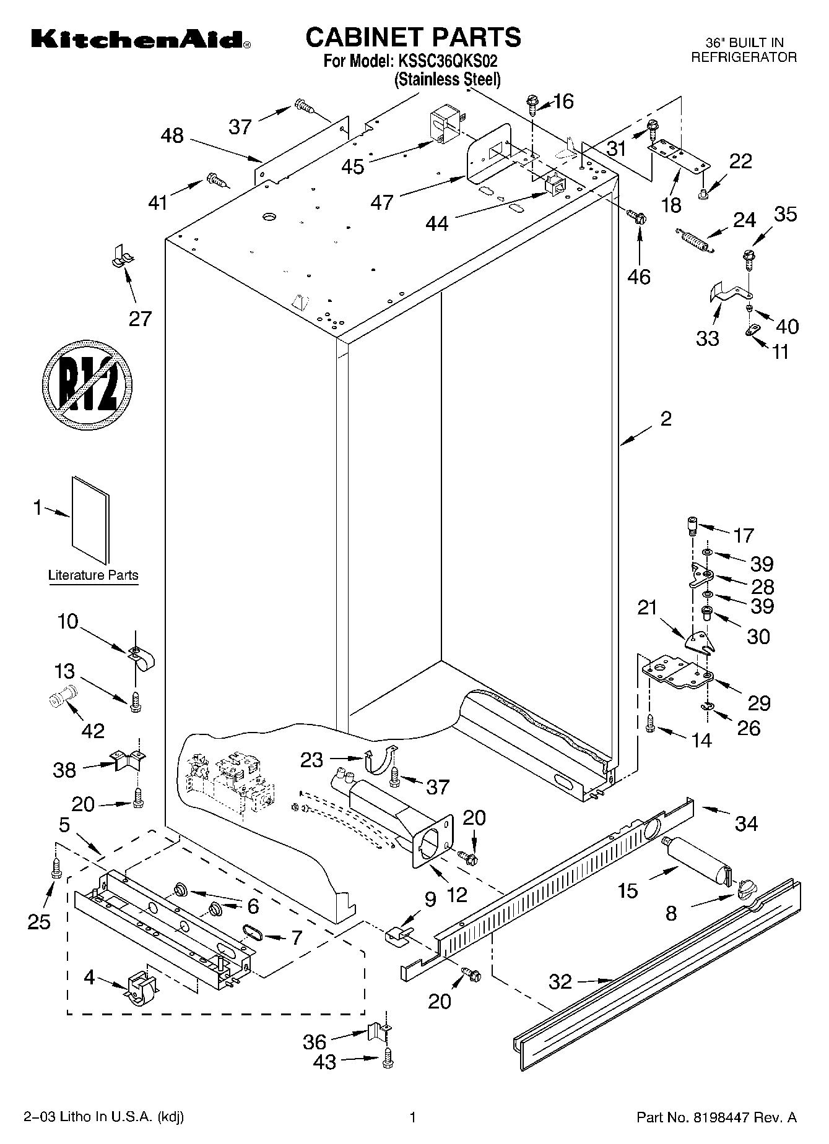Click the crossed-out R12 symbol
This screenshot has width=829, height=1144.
tap(88, 385)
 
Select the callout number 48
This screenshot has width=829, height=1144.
tap(172, 135)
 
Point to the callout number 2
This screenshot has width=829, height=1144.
tap(666, 419)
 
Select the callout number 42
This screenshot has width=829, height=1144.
tap(93, 731)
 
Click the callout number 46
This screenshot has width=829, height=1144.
tap(639, 277)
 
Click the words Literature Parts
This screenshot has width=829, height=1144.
tap(93, 575)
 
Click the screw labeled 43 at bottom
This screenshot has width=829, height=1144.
tap(388, 1059)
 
